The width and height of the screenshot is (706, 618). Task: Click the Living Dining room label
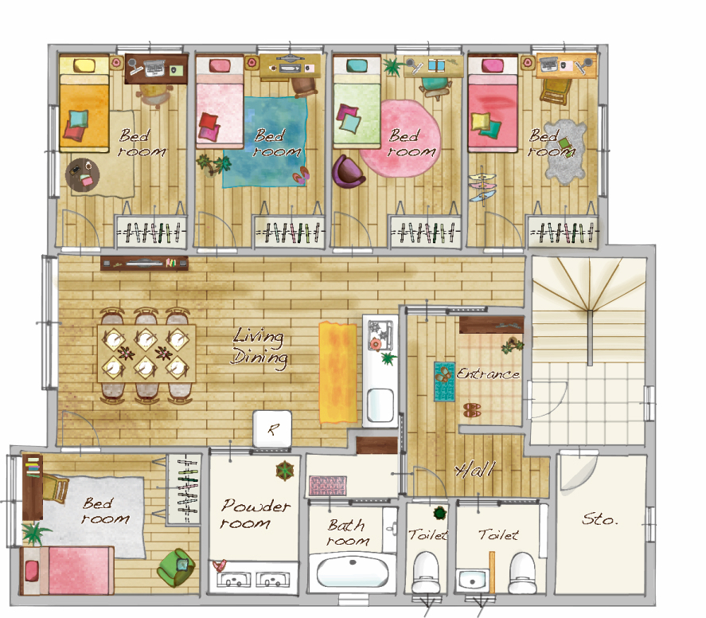click(x=259, y=346)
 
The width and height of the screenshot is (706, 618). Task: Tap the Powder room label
click(x=255, y=514)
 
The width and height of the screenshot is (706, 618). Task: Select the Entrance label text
click(x=489, y=374)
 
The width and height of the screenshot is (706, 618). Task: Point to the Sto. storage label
click(x=600, y=519)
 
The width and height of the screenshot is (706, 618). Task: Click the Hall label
click(x=475, y=469)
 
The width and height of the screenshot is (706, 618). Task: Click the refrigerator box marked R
click(x=272, y=428)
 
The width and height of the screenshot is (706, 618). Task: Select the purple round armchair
click(x=347, y=170)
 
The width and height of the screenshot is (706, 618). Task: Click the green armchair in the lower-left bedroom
click(x=176, y=568)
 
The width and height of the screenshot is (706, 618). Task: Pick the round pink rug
click(x=400, y=139)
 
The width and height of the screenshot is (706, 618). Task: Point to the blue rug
click(x=266, y=143)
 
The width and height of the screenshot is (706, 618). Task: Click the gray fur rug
click(x=565, y=152)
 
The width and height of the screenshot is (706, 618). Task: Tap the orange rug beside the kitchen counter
click(x=337, y=373)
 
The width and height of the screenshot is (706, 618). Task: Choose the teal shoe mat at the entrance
click(x=444, y=381)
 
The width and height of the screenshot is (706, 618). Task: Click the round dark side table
click(x=83, y=174)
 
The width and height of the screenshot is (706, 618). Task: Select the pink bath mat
click(x=328, y=486)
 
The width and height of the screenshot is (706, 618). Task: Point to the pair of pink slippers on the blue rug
click(x=301, y=175)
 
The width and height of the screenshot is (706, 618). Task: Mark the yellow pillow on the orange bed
click(x=84, y=66)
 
